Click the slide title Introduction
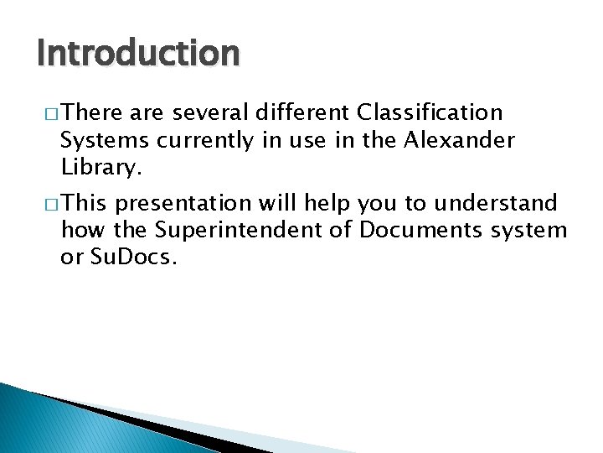[x=138, y=54]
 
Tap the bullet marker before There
[x=47, y=113]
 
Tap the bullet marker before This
[x=47, y=204]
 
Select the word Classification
[x=430, y=112]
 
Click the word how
[x=80, y=230]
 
